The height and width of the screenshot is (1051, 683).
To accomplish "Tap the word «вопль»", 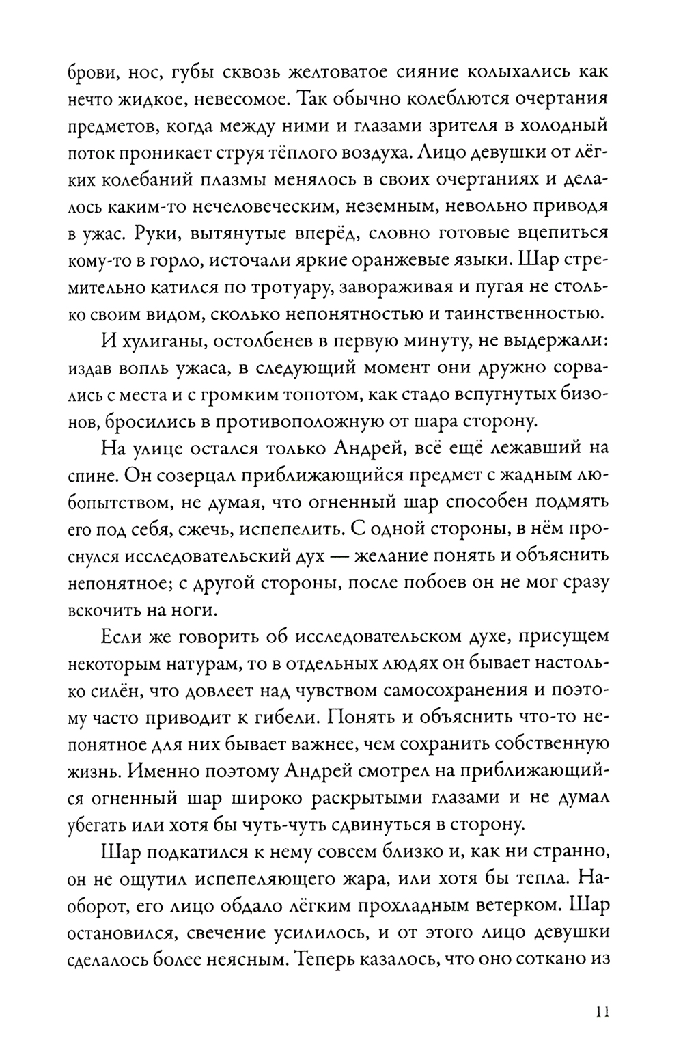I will pyautogui.click(x=145, y=369).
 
